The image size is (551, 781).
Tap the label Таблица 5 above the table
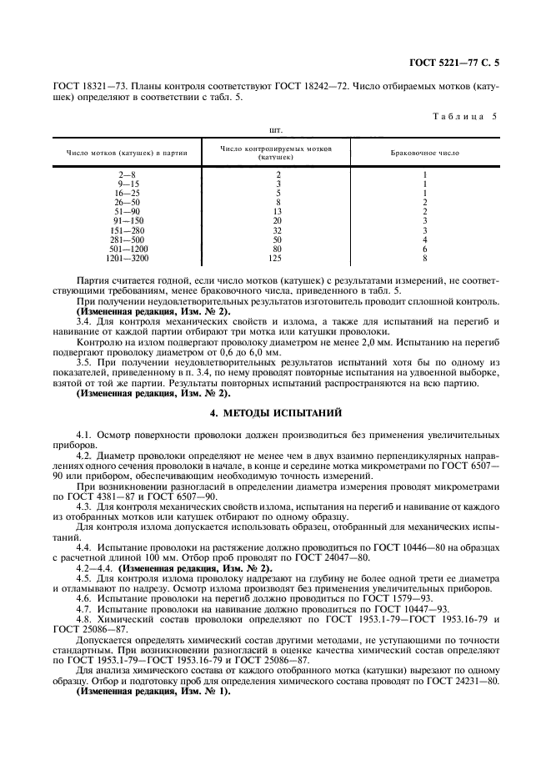pyautogui.click(x=464, y=116)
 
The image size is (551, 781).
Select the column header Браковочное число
pyautogui.click(x=425, y=153)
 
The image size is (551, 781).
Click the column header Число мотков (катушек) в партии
pyautogui.click(x=127, y=153)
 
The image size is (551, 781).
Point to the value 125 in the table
pyautogui.click(x=278, y=258)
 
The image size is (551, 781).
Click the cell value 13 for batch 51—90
pyautogui.click(x=278, y=211)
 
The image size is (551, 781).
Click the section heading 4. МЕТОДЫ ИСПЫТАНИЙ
pyautogui.click(x=275, y=413)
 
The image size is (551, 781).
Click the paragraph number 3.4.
pyautogui.click(x=83, y=320)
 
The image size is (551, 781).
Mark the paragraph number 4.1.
pyautogui.click(x=83, y=436)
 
